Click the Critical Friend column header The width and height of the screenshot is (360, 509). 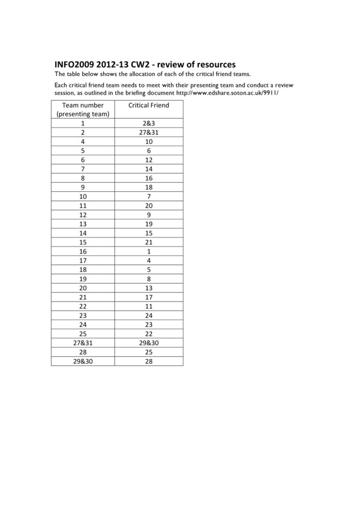tap(149, 105)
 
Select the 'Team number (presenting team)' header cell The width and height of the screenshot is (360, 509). tap(82, 109)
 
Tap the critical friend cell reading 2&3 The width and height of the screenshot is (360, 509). tap(149, 124)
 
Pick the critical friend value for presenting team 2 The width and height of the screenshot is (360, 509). tap(149, 132)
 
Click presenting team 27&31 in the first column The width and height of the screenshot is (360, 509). tap(82, 342)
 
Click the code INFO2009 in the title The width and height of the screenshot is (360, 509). tap(76, 64)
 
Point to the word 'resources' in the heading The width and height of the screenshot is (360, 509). tap(214, 64)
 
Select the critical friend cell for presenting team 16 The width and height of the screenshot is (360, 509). tap(149, 251)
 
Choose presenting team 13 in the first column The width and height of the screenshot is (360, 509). tap(82, 224)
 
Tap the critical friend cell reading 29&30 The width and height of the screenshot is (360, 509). tap(149, 342)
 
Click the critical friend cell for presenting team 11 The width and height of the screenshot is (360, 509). tap(149, 206)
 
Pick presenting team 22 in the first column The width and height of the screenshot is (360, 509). tap(82, 306)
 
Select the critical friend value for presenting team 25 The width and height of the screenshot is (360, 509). tap(149, 333)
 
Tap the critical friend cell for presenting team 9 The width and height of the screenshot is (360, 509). tap(149, 187)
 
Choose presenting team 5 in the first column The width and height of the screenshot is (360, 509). tap(82, 150)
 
